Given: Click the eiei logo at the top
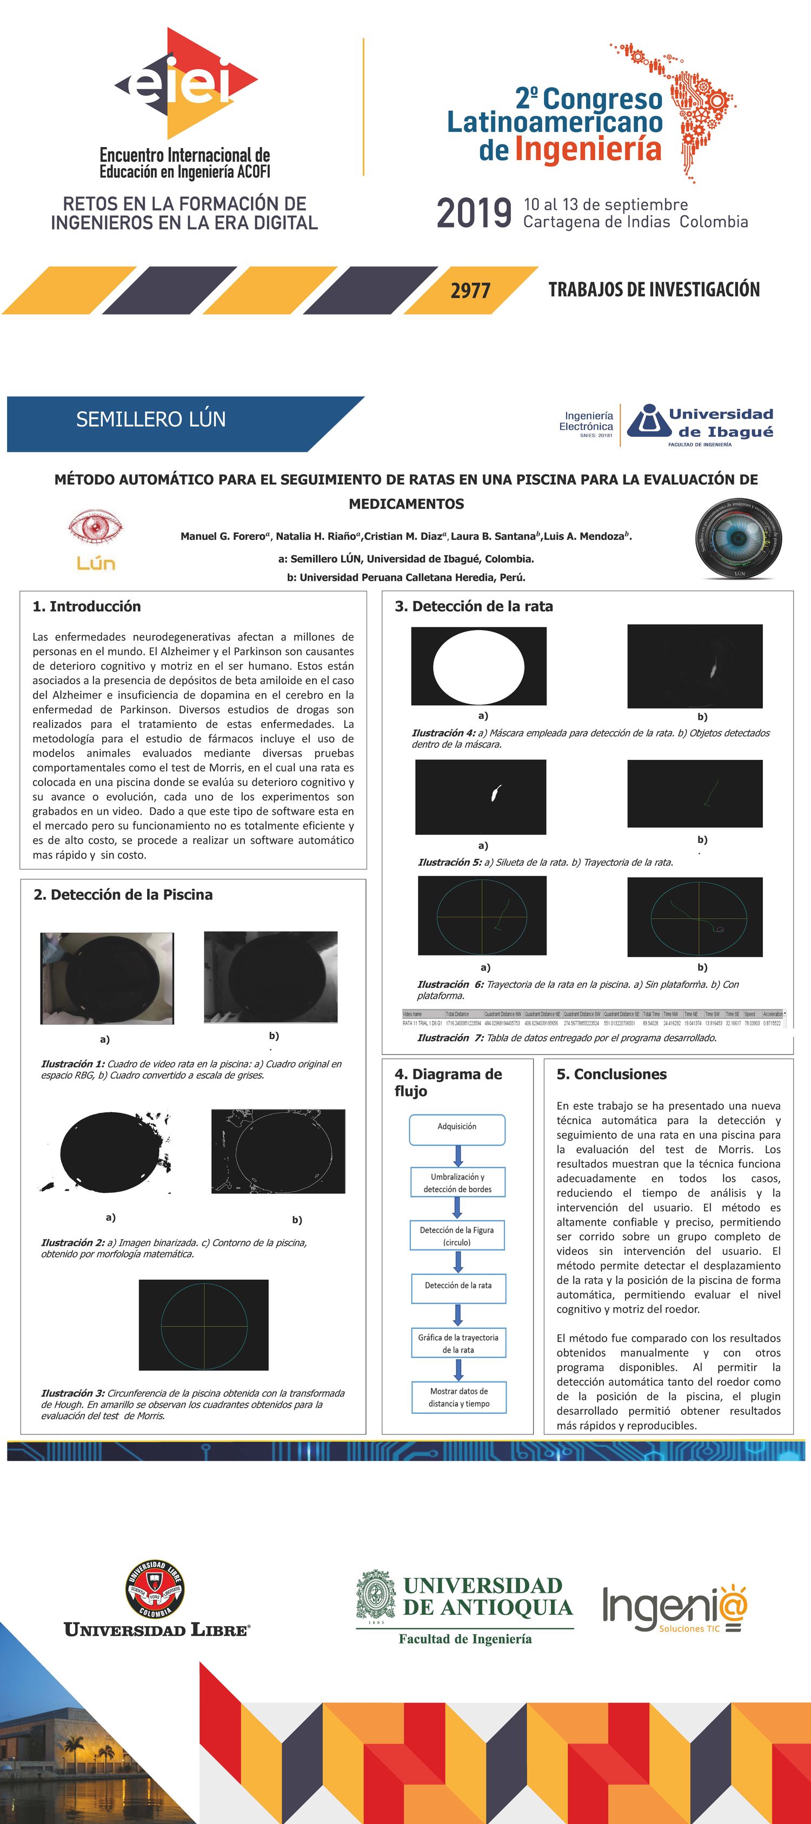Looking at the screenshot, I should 185,84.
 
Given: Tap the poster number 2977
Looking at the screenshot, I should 470,290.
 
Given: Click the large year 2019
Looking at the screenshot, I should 474,212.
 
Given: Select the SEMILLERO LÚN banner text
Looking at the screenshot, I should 151,419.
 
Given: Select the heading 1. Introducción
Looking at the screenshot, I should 87,606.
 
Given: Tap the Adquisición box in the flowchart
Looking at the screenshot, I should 457,1126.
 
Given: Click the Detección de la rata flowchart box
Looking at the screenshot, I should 458,1285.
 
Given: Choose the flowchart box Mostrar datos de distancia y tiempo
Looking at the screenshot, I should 459,1397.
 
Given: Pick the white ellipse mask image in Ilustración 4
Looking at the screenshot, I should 479,666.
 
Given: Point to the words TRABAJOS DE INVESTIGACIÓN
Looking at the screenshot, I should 654,290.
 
